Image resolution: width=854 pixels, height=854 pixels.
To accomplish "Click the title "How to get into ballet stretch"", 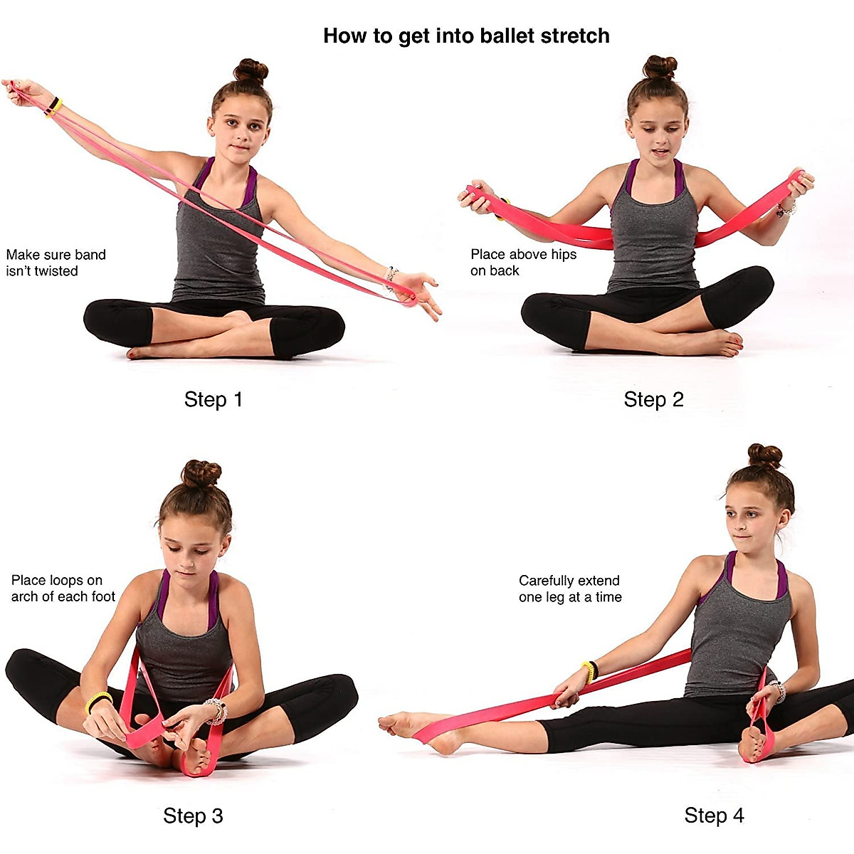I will point(466,36).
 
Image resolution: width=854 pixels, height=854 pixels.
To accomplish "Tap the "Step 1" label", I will point(213,400).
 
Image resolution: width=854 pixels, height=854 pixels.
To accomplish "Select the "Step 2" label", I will point(653,400).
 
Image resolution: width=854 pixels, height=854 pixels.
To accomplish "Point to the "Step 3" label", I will point(193,816).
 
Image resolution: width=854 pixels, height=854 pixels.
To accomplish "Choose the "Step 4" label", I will point(714,816).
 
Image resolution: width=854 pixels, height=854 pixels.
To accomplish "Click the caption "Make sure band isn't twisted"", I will point(56,263).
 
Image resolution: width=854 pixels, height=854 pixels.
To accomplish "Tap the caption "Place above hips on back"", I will point(523,263).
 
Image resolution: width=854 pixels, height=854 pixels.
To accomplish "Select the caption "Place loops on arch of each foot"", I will point(63,589).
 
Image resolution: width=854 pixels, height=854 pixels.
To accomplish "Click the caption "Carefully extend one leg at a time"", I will point(569,589).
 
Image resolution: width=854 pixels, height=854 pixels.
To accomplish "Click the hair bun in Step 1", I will point(251,71).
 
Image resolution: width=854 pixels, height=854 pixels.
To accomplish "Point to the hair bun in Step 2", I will point(660,67).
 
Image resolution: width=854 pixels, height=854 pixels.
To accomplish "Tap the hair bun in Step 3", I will point(201,473).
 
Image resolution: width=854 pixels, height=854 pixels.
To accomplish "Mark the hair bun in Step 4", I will point(764,455).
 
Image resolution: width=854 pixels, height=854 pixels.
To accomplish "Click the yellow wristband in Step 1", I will point(54,107).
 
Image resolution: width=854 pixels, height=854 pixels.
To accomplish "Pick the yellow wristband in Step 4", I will point(589,670).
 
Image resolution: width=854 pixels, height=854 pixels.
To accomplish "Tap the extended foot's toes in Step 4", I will point(388,722).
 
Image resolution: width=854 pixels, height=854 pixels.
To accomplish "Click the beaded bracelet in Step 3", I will point(215,710).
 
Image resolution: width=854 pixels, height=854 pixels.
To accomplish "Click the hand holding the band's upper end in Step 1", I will point(21,93).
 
